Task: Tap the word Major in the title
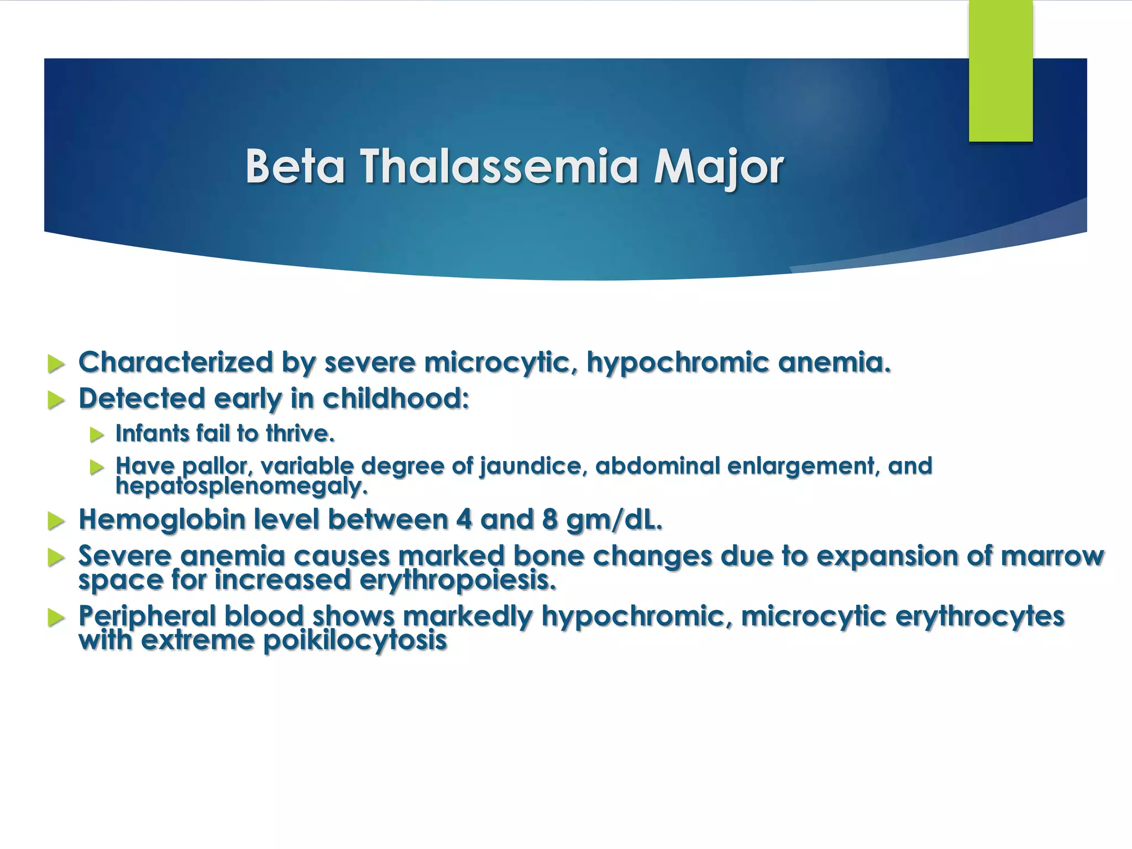(x=719, y=167)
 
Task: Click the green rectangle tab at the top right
(x=1000, y=71)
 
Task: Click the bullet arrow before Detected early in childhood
(x=56, y=400)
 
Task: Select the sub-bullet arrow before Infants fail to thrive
(x=97, y=434)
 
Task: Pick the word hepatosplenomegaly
(x=241, y=486)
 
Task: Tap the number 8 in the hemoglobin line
(x=550, y=520)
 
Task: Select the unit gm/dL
(x=614, y=520)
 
